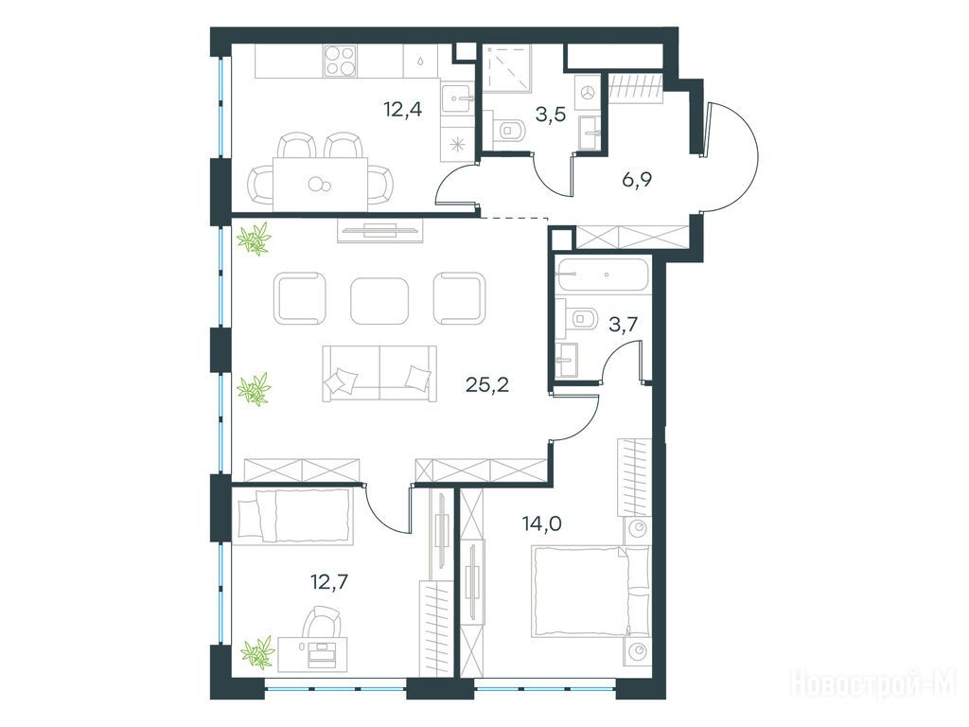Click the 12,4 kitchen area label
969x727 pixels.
[x=402, y=111]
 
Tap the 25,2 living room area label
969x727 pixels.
[x=487, y=385]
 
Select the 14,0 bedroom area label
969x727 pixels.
[x=542, y=524]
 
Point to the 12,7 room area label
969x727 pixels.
[x=329, y=582]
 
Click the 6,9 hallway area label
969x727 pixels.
[x=637, y=180]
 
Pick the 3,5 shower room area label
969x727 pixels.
[x=551, y=115]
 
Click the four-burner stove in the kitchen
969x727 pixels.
[x=340, y=62]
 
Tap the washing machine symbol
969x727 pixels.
[x=588, y=92]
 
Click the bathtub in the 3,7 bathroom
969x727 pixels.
[x=603, y=275]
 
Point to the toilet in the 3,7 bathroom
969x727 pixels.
[x=578, y=319]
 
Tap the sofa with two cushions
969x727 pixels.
[x=379, y=373]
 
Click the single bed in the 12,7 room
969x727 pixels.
[x=296, y=516]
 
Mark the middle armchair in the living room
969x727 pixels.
[x=379, y=300]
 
